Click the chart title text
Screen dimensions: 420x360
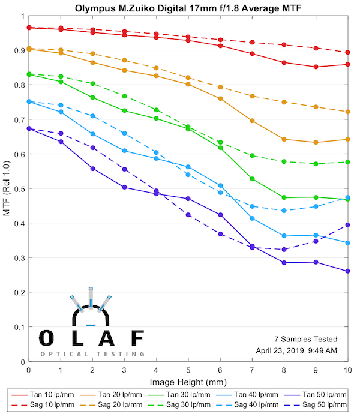188,8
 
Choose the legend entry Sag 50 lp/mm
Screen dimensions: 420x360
325,406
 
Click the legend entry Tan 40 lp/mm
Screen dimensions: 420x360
258,394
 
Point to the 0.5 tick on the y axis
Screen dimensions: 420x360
19,189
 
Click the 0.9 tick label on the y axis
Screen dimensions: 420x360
19,50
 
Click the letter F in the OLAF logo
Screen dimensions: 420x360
137,338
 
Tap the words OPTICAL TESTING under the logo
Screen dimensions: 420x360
92,354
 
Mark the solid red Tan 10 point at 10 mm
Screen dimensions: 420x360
348,64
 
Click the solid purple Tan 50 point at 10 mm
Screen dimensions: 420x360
348,271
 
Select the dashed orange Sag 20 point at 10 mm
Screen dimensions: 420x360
348,112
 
